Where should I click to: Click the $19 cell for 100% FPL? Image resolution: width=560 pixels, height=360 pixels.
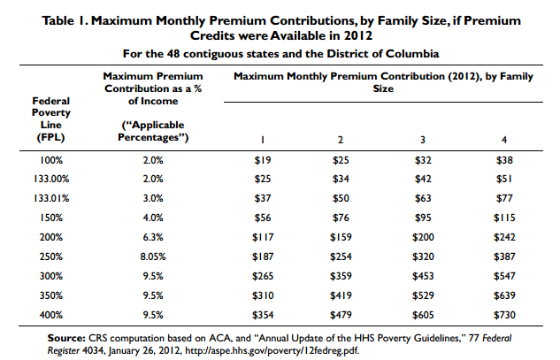pyautogui.click(x=263, y=160)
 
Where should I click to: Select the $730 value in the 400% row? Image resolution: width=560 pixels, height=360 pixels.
pyautogui.click(x=504, y=315)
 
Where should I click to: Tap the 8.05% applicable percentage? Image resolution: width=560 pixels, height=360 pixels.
pyautogui.click(x=153, y=257)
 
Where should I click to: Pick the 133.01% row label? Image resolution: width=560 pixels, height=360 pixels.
pyautogui.click(x=51, y=198)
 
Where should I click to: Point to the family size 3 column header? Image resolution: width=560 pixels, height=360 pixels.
pyautogui.click(x=423, y=140)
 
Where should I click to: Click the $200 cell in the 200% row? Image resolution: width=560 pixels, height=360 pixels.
pyautogui.click(x=423, y=237)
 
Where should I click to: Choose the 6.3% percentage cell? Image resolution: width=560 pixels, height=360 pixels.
pyautogui.click(x=153, y=237)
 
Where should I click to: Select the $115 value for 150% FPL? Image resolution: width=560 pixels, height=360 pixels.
pyautogui.click(x=504, y=218)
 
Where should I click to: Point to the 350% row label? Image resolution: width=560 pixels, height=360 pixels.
pyautogui.click(x=51, y=295)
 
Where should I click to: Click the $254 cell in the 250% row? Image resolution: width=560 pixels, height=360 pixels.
pyautogui.click(x=341, y=257)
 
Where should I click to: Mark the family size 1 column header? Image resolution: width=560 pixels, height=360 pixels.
pyautogui.click(x=263, y=140)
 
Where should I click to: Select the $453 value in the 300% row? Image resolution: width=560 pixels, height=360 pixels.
pyautogui.click(x=423, y=276)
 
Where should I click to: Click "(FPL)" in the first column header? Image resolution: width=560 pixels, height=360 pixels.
pyautogui.click(x=50, y=137)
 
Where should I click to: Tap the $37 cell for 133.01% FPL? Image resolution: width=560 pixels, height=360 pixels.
pyautogui.click(x=263, y=198)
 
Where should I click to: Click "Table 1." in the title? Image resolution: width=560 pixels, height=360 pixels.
pyautogui.click(x=65, y=20)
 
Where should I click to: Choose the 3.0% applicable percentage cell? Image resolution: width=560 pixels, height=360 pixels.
pyautogui.click(x=153, y=198)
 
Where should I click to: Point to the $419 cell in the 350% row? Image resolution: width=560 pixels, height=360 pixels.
pyautogui.click(x=341, y=295)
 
